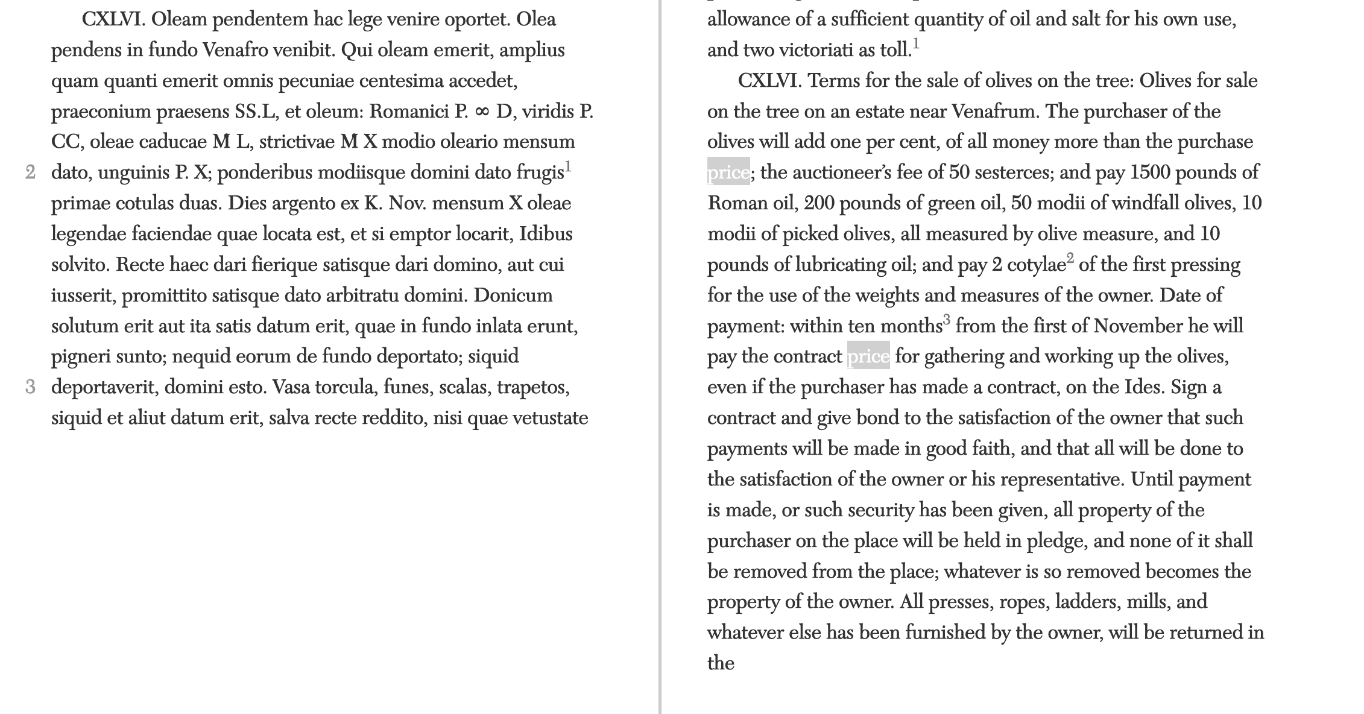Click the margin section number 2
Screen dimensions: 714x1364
[31, 173]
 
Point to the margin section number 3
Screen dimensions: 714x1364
[31, 387]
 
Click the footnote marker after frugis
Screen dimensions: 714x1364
[568, 166]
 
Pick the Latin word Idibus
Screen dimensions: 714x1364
[546, 234]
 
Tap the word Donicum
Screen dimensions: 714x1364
[513, 295]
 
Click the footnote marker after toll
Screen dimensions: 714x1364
[916, 44]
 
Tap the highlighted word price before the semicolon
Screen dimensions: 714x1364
[728, 173]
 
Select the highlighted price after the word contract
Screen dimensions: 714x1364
[868, 357]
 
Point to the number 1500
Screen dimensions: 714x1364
[1149, 173]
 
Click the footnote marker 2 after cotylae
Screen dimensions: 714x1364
[1070, 259]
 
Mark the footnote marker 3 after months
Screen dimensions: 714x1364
[947, 320]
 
